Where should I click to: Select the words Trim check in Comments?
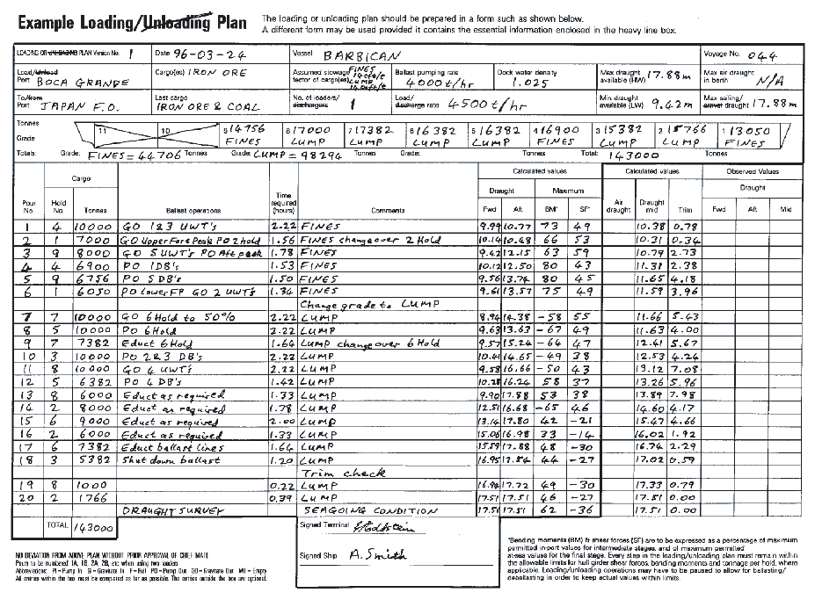[x=344, y=473]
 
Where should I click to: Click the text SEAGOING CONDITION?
[x=369, y=510]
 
